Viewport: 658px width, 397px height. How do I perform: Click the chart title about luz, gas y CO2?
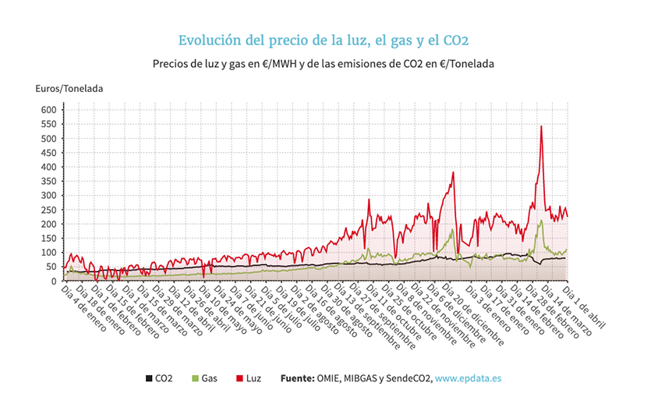click(x=323, y=41)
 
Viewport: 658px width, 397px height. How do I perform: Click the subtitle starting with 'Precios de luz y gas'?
click(x=324, y=63)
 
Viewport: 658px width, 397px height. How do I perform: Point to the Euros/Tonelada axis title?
click(x=69, y=89)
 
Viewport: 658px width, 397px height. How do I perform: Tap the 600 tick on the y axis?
click(x=48, y=110)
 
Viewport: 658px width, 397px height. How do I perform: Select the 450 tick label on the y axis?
click(x=48, y=153)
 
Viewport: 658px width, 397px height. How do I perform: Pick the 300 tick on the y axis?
click(x=48, y=196)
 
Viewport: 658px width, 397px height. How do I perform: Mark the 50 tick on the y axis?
click(x=51, y=268)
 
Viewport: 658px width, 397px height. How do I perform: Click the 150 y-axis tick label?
click(x=48, y=239)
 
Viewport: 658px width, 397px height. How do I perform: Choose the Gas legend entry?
click(x=203, y=379)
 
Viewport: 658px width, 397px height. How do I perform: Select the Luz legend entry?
click(x=247, y=379)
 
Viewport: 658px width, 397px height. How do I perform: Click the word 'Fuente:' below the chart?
click(x=302, y=379)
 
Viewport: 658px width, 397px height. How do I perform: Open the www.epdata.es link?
click(x=468, y=379)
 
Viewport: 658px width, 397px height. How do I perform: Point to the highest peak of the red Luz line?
click(x=541, y=126)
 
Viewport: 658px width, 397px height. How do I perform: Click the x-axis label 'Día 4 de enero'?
click(x=80, y=307)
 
